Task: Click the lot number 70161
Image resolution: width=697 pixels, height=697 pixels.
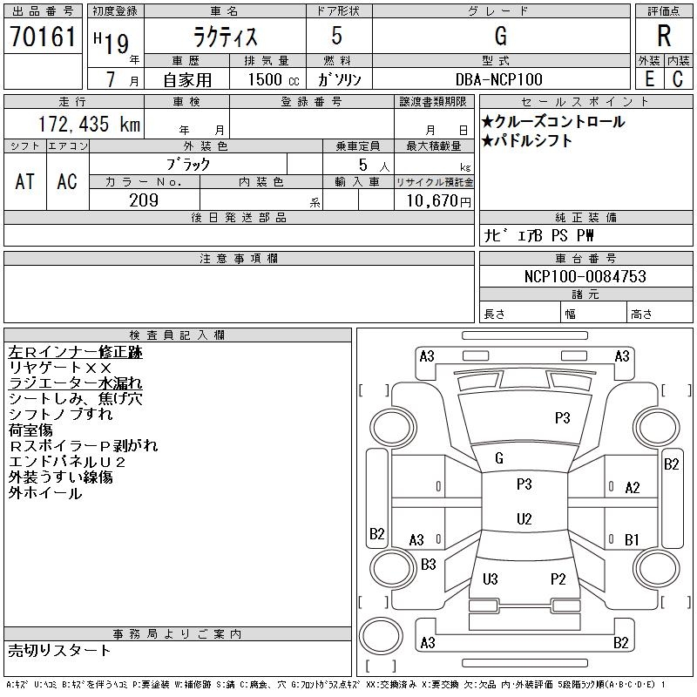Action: pyautogui.click(x=43, y=37)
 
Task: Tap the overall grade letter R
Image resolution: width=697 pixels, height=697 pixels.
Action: pyautogui.click(x=664, y=36)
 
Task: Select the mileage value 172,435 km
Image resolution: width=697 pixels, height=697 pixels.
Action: pyautogui.click(x=90, y=124)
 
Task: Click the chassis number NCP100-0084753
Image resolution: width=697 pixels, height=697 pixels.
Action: pyautogui.click(x=585, y=276)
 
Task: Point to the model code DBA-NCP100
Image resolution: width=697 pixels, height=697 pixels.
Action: pyautogui.click(x=499, y=79)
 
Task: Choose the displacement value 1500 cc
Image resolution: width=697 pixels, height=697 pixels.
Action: pyautogui.click(x=274, y=79)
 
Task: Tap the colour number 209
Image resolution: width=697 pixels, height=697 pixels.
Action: pyautogui.click(x=144, y=200)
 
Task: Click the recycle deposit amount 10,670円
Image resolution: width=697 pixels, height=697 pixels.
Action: pyautogui.click(x=438, y=201)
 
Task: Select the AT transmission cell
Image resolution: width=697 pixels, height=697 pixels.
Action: pyautogui.click(x=25, y=181)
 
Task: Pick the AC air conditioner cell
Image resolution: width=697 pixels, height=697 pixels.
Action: pyautogui.click(x=67, y=181)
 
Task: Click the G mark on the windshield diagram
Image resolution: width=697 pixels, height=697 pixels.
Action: pyautogui.click(x=499, y=458)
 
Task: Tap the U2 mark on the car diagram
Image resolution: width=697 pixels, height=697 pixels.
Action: pyautogui.click(x=524, y=519)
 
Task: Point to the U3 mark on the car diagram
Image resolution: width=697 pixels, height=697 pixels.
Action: pyautogui.click(x=491, y=579)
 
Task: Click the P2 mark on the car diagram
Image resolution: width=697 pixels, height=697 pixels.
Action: pyautogui.click(x=558, y=579)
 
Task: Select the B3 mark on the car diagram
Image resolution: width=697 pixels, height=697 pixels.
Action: pyautogui.click(x=429, y=565)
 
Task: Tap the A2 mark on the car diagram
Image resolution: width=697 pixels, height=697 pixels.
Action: pyautogui.click(x=633, y=488)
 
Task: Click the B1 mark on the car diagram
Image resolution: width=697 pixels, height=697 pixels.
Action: pyautogui.click(x=632, y=539)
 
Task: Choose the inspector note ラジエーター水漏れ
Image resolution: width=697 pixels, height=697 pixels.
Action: pyautogui.click(x=76, y=383)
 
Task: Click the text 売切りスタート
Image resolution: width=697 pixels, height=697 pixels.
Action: pyautogui.click(x=59, y=651)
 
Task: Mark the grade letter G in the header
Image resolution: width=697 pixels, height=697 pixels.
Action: pyautogui.click(x=500, y=36)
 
